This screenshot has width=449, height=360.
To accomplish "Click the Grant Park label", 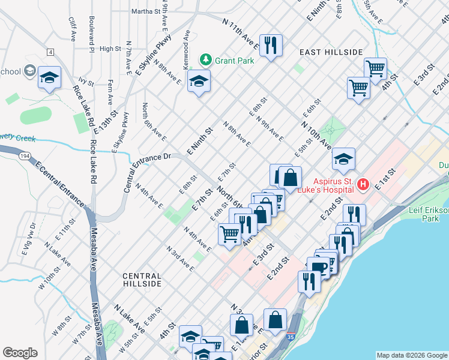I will tap(235, 60).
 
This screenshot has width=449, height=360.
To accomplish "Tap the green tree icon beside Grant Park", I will tap(206, 59).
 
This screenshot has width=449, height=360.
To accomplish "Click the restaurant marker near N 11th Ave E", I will tap(271, 44).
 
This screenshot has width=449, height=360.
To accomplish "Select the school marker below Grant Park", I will tap(198, 81).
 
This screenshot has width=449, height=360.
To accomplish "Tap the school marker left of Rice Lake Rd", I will tap(50, 77).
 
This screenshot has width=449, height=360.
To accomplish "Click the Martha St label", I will tap(146, 11).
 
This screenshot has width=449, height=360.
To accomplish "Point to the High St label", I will tap(110, 49).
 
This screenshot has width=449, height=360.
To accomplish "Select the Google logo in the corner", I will tap(20, 353).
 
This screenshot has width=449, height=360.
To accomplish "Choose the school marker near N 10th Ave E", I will tap(343, 159).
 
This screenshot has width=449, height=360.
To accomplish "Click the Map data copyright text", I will tap(411, 355).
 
